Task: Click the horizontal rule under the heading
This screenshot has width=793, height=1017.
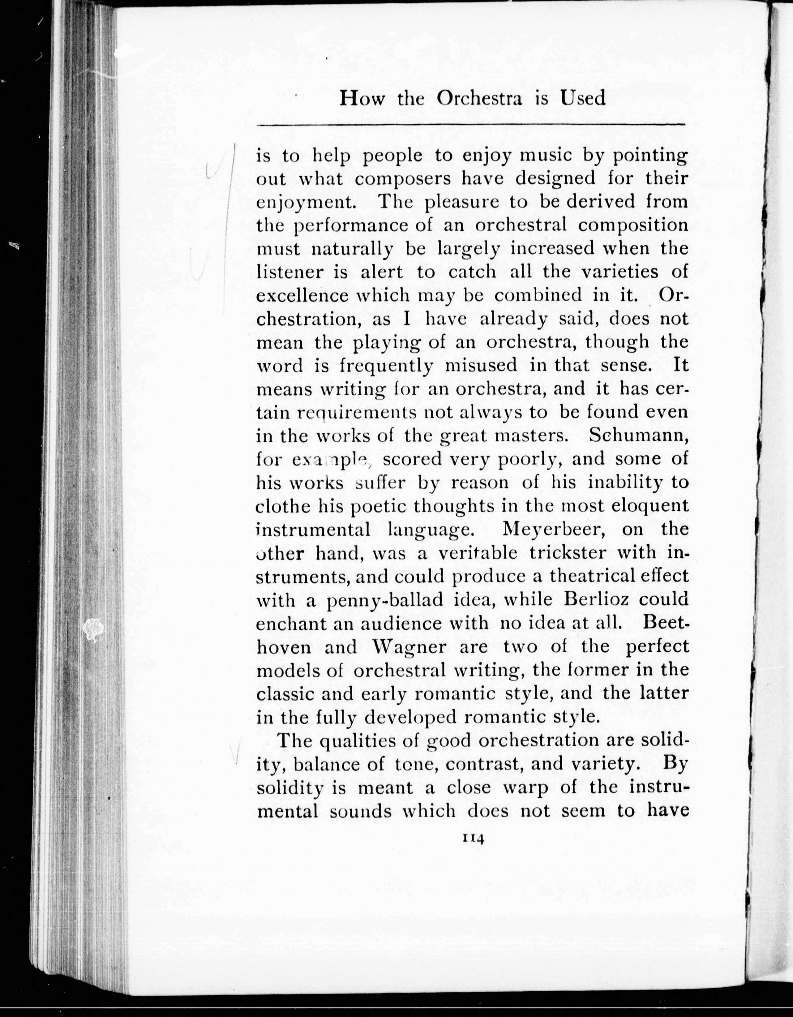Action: click(471, 125)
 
